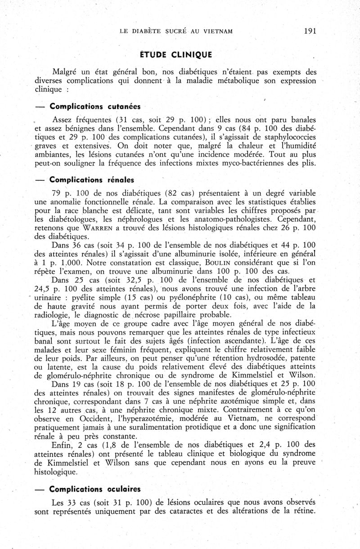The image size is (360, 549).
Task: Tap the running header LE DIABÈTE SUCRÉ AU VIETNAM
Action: (176, 31)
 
